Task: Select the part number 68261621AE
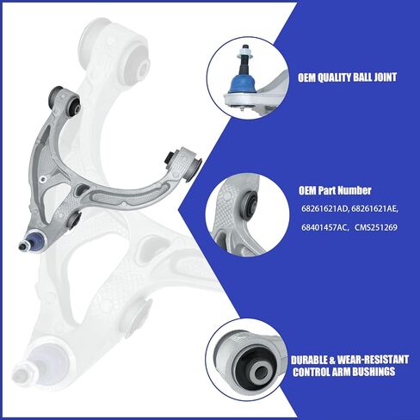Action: point(374,208)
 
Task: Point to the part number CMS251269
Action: point(376,228)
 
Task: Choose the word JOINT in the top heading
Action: point(386,77)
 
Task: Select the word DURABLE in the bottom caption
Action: point(309,360)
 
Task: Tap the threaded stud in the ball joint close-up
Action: point(244,58)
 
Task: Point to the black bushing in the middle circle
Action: point(249,204)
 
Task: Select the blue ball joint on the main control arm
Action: point(34,239)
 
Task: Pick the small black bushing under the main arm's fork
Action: point(74,219)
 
